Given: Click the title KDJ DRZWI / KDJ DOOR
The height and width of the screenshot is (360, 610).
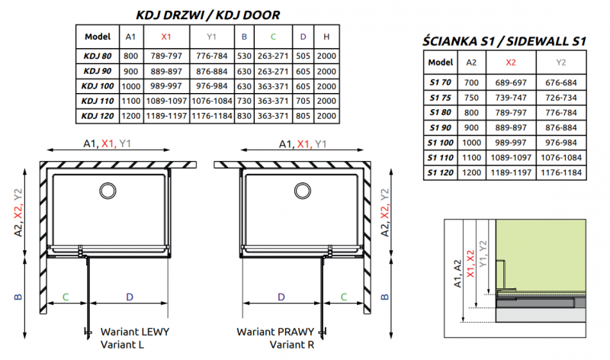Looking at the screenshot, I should [207, 14].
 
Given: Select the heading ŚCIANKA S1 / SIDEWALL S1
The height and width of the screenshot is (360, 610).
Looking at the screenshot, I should [503, 42].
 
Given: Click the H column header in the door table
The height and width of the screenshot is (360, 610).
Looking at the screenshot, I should [326, 36].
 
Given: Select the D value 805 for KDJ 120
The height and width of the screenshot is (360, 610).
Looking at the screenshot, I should [303, 115].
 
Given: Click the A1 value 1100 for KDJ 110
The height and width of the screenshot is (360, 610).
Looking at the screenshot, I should [131, 101].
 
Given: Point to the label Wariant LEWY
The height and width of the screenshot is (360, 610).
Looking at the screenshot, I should [135, 332].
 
